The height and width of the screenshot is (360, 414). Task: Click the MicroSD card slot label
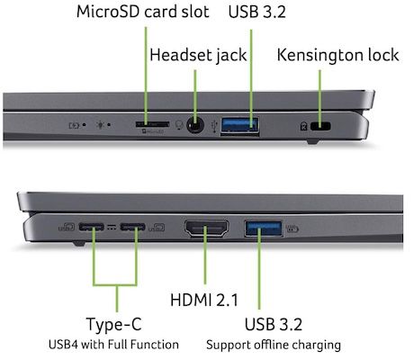tap(143, 12)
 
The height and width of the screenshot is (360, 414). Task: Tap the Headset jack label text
tap(198, 55)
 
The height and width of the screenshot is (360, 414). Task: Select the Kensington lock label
tap(337, 55)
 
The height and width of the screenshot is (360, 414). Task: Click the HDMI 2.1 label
tap(204, 300)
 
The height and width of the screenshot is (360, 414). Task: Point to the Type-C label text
tap(113, 324)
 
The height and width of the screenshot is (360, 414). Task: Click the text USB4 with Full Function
tap(113, 345)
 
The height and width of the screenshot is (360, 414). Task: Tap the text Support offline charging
tap(274, 345)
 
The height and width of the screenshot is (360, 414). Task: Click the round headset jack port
tap(195, 125)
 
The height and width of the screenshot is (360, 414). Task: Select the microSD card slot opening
tap(152, 124)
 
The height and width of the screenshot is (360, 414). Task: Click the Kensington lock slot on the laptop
tap(320, 126)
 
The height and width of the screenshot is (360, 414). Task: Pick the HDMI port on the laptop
tap(206, 229)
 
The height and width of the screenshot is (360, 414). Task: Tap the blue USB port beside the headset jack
tap(239, 125)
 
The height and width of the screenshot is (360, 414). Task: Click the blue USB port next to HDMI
tap(264, 229)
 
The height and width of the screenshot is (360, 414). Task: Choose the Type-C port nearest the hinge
tap(91, 227)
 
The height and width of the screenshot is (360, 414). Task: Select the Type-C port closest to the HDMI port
tap(132, 227)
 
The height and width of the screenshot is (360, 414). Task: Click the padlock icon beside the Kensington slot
tap(303, 126)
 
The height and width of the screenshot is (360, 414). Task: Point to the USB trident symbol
tap(214, 126)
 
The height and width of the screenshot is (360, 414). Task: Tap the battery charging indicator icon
tap(74, 125)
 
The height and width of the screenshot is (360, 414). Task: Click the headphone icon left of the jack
tap(179, 124)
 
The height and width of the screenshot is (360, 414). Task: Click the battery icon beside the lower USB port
tap(292, 229)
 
